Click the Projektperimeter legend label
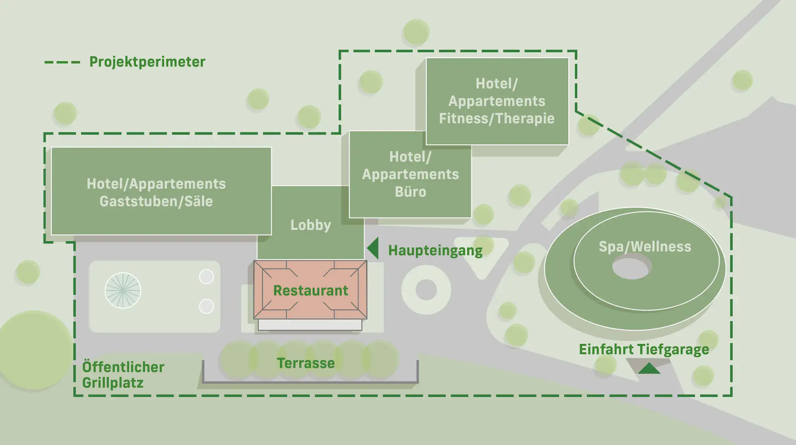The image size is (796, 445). pyautogui.click(x=147, y=62)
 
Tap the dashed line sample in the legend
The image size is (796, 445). pyautogui.click(x=62, y=62)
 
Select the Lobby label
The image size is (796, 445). pyautogui.click(x=310, y=225)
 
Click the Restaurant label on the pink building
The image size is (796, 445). pyautogui.click(x=310, y=291)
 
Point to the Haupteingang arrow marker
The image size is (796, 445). pyautogui.click(x=373, y=249)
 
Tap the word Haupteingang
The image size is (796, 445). pyautogui.click(x=435, y=251)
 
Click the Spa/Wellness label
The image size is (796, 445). pyautogui.click(x=645, y=247)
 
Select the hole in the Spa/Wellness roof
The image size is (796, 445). pyautogui.click(x=631, y=267)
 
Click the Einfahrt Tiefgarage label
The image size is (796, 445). pyautogui.click(x=644, y=350)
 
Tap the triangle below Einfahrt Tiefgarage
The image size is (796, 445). pyautogui.click(x=649, y=369)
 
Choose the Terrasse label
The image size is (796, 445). pyautogui.click(x=306, y=363)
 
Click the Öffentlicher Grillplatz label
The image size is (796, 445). pyautogui.click(x=123, y=375)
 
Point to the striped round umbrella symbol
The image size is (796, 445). pyautogui.click(x=123, y=290)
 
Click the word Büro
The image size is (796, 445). pyautogui.click(x=410, y=192)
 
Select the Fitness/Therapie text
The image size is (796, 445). pyautogui.click(x=496, y=119)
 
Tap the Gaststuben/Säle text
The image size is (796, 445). pyautogui.click(x=156, y=202)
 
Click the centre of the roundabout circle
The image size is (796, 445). pyautogui.click(x=426, y=290)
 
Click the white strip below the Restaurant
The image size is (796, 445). pyautogui.click(x=310, y=325)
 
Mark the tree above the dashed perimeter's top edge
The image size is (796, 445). pyautogui.click(x=416, y=32)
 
